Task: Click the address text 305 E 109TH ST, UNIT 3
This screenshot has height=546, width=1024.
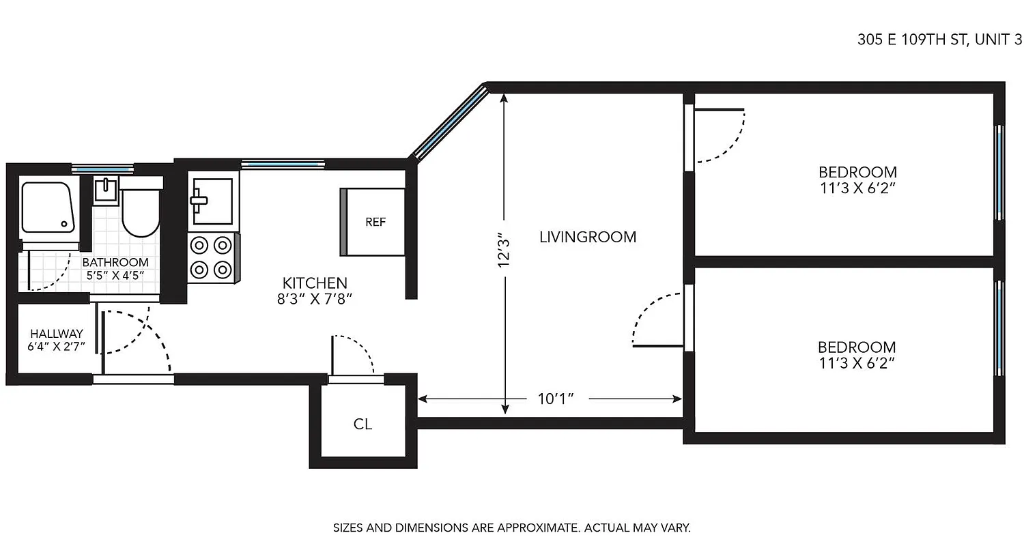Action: click(939, 40)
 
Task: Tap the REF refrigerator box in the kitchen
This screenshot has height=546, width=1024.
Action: click(375, 222)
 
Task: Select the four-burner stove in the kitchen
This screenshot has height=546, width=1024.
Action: click(212, 257)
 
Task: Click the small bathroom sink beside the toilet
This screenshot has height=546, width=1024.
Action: click(106, 190)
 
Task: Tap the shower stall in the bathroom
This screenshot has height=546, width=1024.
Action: click(46, 207)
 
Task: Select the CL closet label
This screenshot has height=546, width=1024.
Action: click(362, 425)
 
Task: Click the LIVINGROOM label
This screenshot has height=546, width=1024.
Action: click(588, 238)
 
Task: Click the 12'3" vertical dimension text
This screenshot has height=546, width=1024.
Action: click(504, 250)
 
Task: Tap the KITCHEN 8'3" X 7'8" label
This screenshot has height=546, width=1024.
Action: click(315, 290)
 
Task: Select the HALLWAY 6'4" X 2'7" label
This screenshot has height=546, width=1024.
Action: click(57, 340)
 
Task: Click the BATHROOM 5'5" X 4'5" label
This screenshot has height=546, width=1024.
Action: click(115, 269)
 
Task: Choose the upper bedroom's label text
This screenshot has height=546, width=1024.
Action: click(857, 179)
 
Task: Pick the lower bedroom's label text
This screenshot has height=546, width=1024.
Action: click(857, 355)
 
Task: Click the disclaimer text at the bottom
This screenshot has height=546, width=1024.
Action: click(512, 528)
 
